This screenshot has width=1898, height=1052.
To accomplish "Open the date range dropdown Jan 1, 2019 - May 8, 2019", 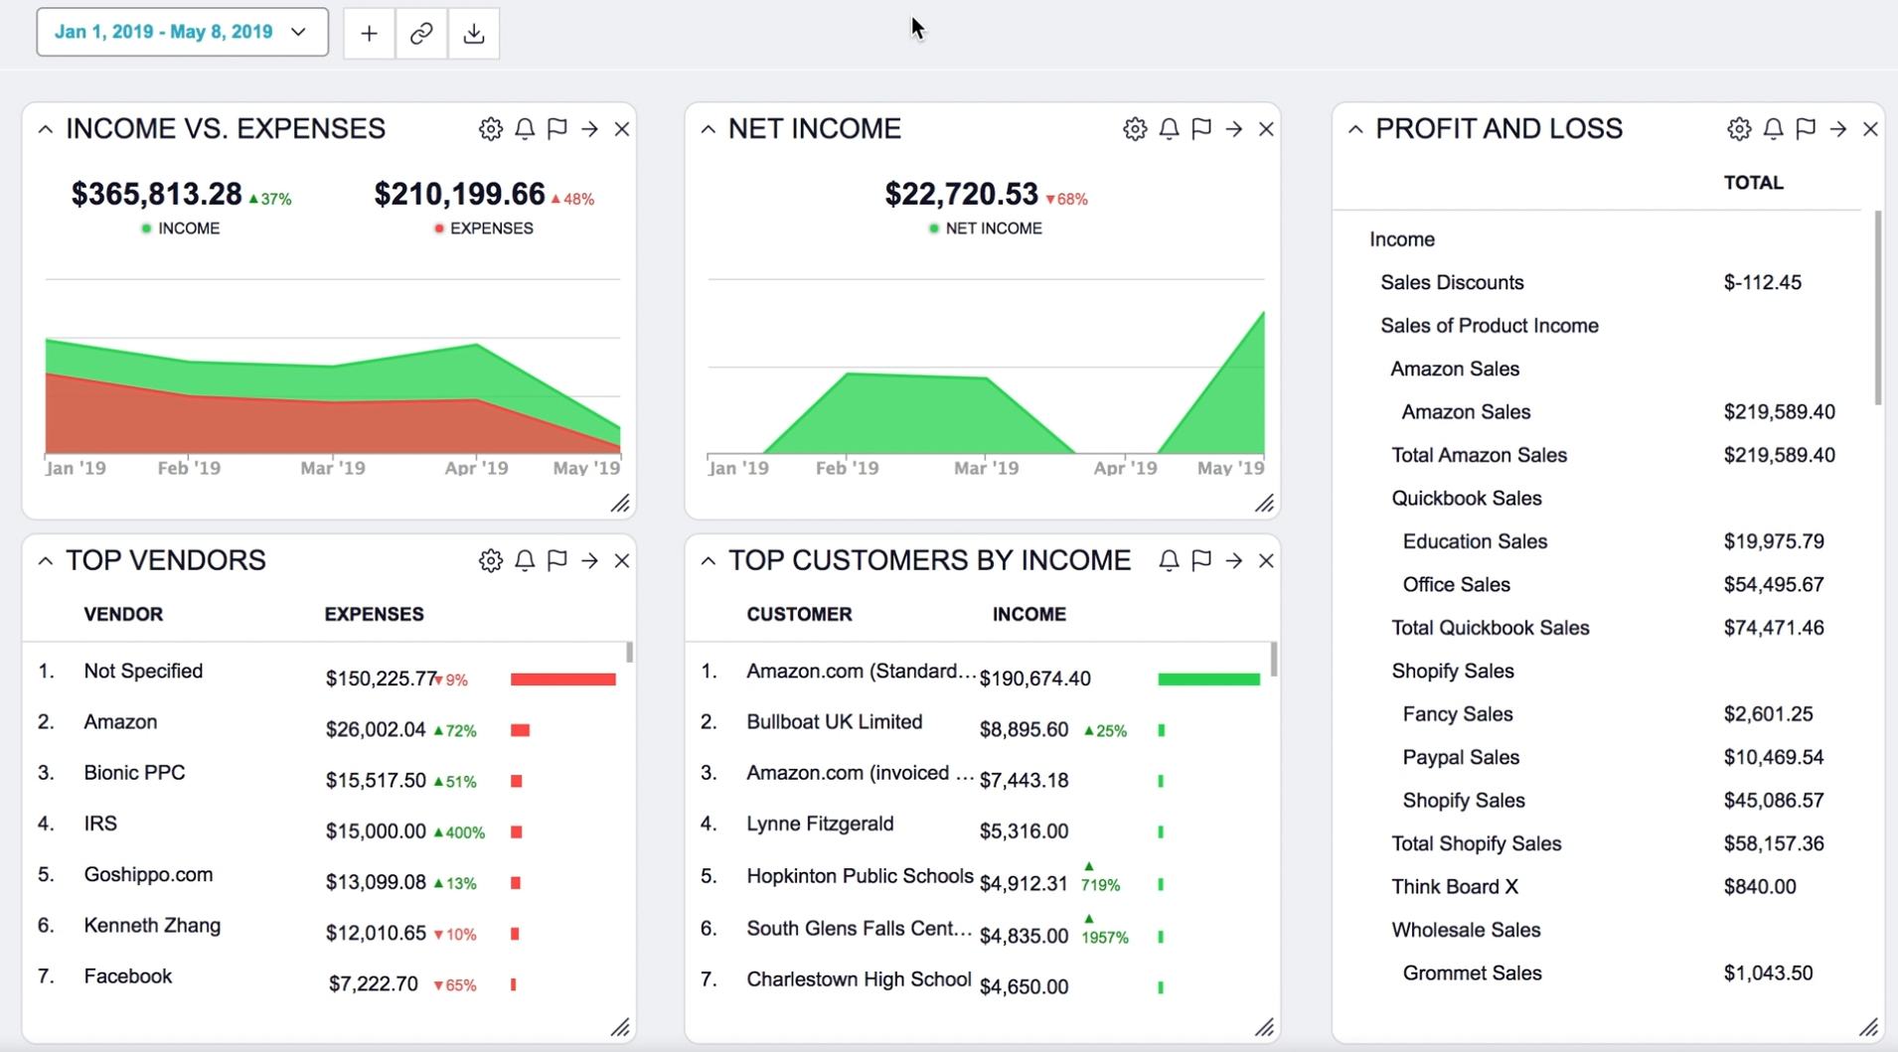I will [182, 32].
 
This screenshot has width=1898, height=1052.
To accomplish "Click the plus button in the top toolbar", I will [369, 33].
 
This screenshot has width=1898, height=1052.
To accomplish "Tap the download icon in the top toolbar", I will [474, 33].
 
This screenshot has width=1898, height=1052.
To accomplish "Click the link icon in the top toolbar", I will [421, 33].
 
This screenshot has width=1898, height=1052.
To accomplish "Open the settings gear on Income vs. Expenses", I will [490, 129].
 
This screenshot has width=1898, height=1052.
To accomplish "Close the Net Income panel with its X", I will [1266, 129].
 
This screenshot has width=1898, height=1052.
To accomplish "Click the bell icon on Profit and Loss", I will [1773, 129].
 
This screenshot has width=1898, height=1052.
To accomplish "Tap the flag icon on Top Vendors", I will [557, 560].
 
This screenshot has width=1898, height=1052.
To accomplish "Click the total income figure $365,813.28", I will [157, 194].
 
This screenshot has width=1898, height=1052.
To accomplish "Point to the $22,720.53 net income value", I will [961, 194].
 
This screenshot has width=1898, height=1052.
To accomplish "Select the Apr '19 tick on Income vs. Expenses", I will [476, 468].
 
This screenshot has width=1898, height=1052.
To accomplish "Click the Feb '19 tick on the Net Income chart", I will [847, 468].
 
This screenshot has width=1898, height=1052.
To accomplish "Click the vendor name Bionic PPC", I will [134, 773].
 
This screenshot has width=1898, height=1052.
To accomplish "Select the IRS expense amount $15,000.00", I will [376, 831].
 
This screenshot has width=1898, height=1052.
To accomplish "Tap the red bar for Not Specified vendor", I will [562, 679].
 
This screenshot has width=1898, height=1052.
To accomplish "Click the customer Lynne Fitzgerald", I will [820, 824].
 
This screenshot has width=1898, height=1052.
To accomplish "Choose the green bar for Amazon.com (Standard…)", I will [1208, 679].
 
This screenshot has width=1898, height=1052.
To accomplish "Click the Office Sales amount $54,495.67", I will [1774, 585].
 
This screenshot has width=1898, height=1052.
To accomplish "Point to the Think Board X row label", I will [1455, 887].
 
